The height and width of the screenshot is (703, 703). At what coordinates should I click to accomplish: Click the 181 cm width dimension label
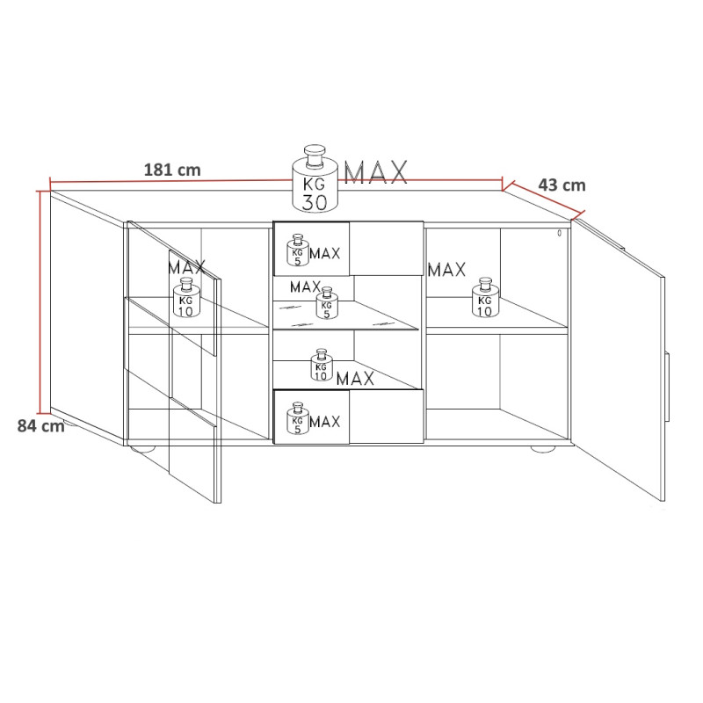point(172,170)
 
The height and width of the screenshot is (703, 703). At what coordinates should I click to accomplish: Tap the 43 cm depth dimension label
point(562,185)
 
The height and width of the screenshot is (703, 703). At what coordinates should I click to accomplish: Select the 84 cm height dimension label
point(40,425)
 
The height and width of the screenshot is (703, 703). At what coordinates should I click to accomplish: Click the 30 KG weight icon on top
point(315,178)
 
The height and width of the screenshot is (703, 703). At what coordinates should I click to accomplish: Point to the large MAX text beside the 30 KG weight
point(376,172)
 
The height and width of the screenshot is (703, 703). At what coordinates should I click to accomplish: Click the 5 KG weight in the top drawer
point(298,250)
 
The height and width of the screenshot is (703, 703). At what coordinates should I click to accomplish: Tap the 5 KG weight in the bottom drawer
point(298,418)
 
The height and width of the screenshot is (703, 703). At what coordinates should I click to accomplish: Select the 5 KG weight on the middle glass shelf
point(327,303)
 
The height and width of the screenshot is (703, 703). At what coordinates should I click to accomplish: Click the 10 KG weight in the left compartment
point(186,297)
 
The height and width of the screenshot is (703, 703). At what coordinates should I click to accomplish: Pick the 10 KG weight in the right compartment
point(485,297)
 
